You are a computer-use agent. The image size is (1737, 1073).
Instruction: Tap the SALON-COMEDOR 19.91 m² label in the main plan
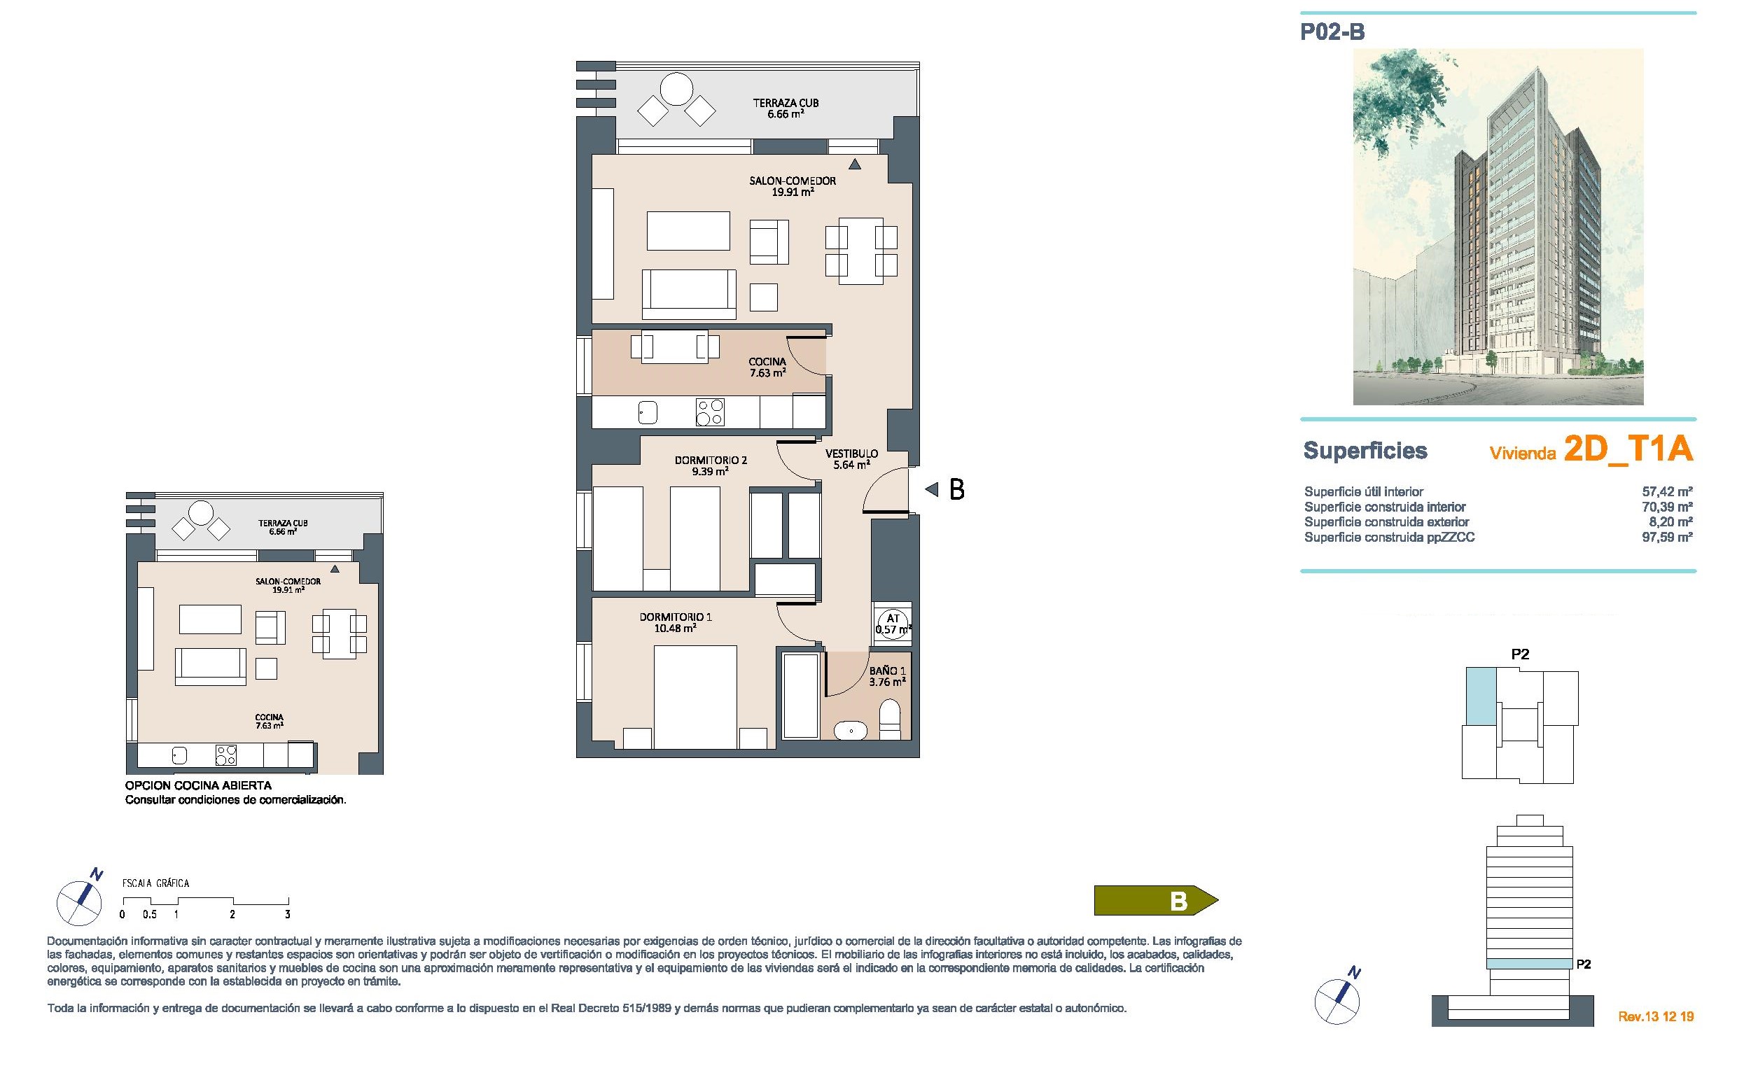coord(793,186)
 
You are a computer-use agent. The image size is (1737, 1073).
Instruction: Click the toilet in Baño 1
coord(889,717)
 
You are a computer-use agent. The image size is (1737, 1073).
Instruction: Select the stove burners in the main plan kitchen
coord(710,412)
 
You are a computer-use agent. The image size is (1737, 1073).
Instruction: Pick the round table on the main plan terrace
coord(676,91)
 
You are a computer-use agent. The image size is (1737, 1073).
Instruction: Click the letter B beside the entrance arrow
coord(956,490)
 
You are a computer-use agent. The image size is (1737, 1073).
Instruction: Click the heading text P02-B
coord(1332,33)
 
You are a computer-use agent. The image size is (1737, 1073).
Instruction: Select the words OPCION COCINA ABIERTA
coord(198,785)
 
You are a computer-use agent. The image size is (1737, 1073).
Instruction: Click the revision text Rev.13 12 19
coord(1655,1017)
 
